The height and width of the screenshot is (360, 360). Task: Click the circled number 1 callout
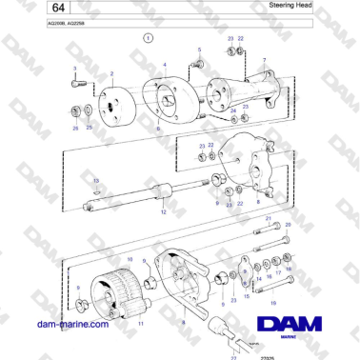pos(147,39)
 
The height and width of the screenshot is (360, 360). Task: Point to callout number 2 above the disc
pos(111,73)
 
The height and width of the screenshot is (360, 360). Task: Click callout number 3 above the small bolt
pos(75,69)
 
